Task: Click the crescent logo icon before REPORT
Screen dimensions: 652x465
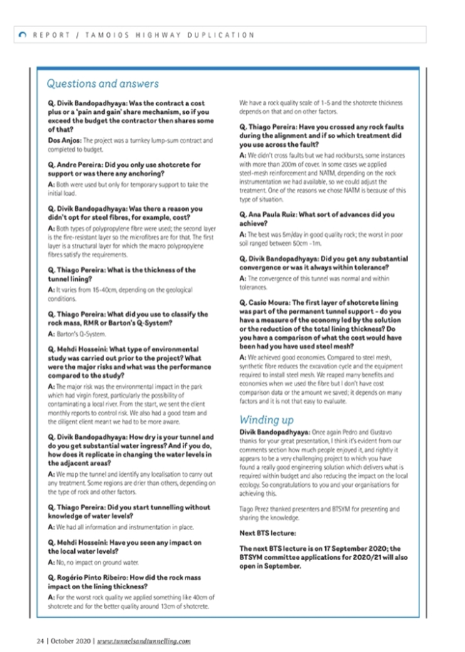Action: tap(23, 34)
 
